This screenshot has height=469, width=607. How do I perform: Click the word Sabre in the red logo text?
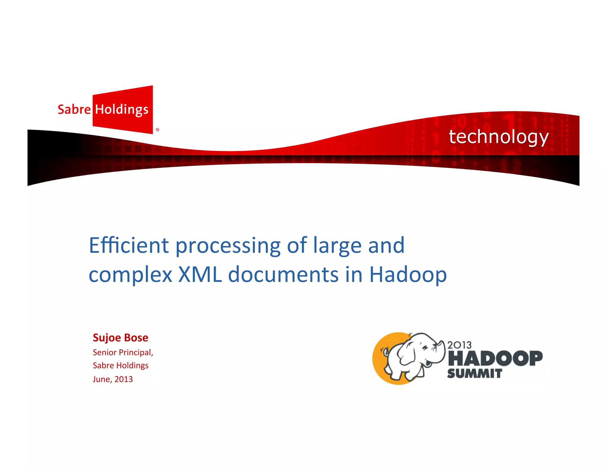click(74, 109)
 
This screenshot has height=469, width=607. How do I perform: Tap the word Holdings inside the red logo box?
click(122, 110)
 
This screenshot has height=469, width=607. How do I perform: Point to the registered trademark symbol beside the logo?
click(157, 130)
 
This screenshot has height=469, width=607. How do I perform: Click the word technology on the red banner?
click(499, 137)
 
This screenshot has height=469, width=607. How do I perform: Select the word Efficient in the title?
click(129, 245)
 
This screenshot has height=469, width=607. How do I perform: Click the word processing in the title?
click(228, 246)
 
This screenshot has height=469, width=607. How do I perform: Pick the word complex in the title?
click(130, 275)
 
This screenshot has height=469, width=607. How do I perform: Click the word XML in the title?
click(200, 275)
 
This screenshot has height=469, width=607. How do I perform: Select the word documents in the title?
click(283, 275)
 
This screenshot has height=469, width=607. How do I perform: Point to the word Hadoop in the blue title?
click(408, 275)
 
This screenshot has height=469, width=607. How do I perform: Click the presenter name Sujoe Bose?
click(120, 338)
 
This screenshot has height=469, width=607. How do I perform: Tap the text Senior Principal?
click(123, 352)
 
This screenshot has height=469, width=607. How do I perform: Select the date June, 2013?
click(113, 379)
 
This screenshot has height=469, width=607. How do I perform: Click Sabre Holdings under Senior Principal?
click(120, 366)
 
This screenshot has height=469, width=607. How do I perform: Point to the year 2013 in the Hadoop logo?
click(459, 345)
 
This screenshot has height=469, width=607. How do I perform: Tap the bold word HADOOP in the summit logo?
click(495, 358)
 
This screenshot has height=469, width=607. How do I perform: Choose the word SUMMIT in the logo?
click(475, 374)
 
